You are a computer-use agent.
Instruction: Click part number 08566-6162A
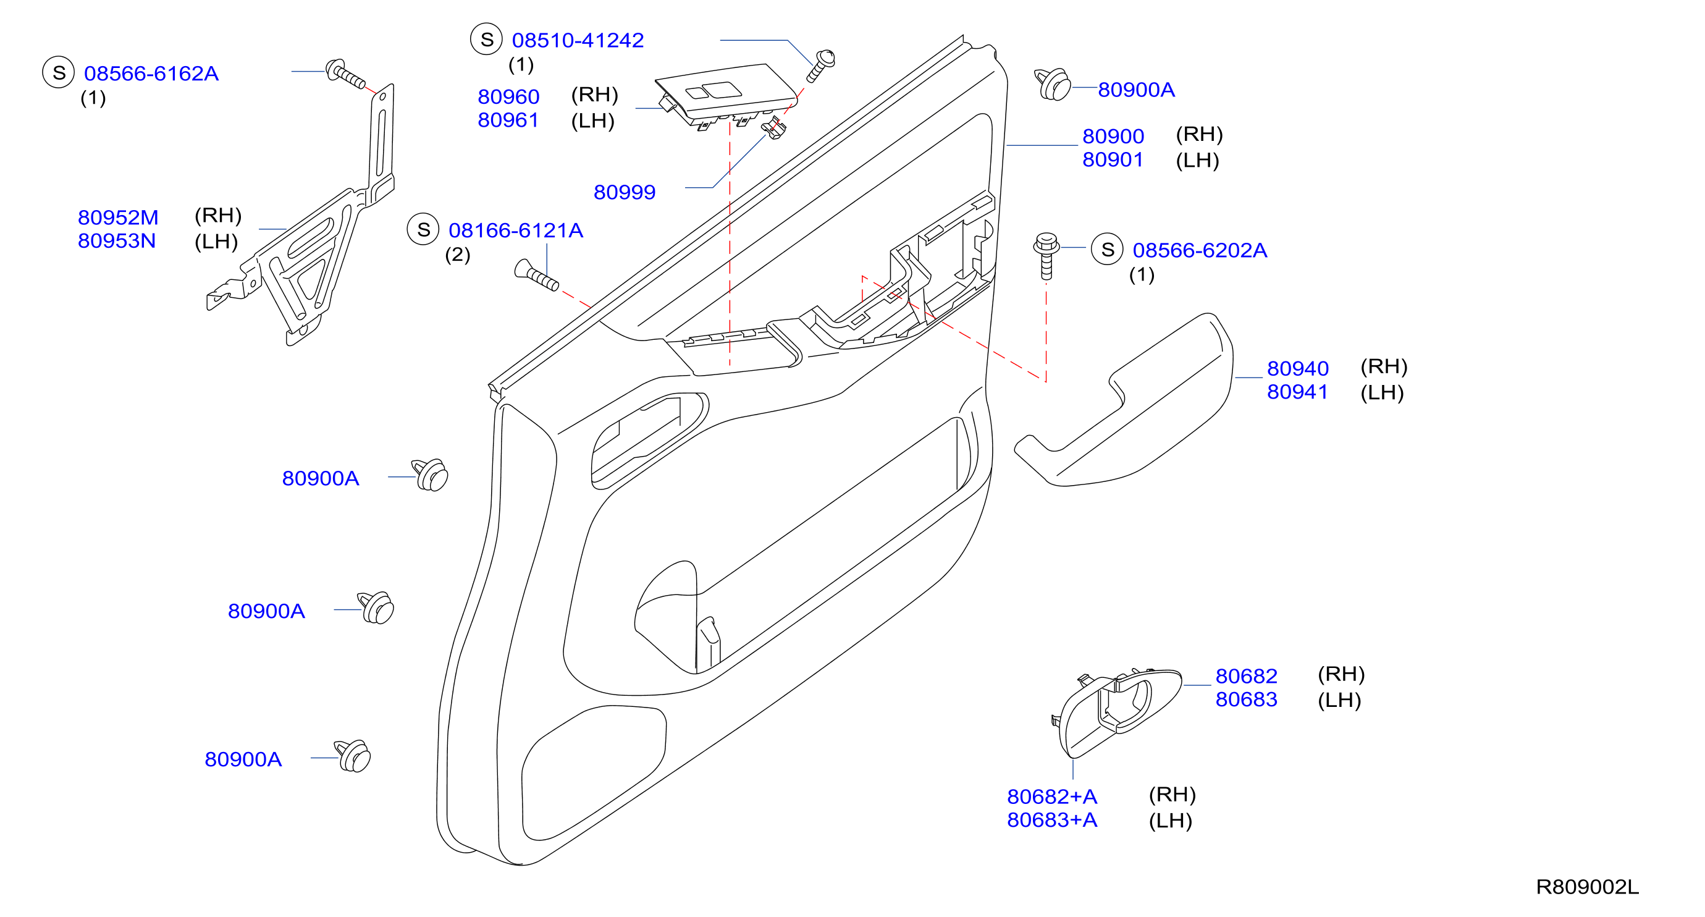(151, 74)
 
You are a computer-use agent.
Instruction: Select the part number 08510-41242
(578, 40)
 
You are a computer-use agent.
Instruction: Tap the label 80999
(624, 192)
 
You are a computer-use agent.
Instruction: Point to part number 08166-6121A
(516, 230)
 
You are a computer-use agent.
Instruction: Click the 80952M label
(118, 217)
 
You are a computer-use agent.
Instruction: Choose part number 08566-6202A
(1199, 250)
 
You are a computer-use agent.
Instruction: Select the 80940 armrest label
(1297, 368)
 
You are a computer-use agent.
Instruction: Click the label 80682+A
(1051, 797)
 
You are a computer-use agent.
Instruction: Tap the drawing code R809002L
(1587, 887)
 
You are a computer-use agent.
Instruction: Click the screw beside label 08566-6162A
(345, 74)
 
